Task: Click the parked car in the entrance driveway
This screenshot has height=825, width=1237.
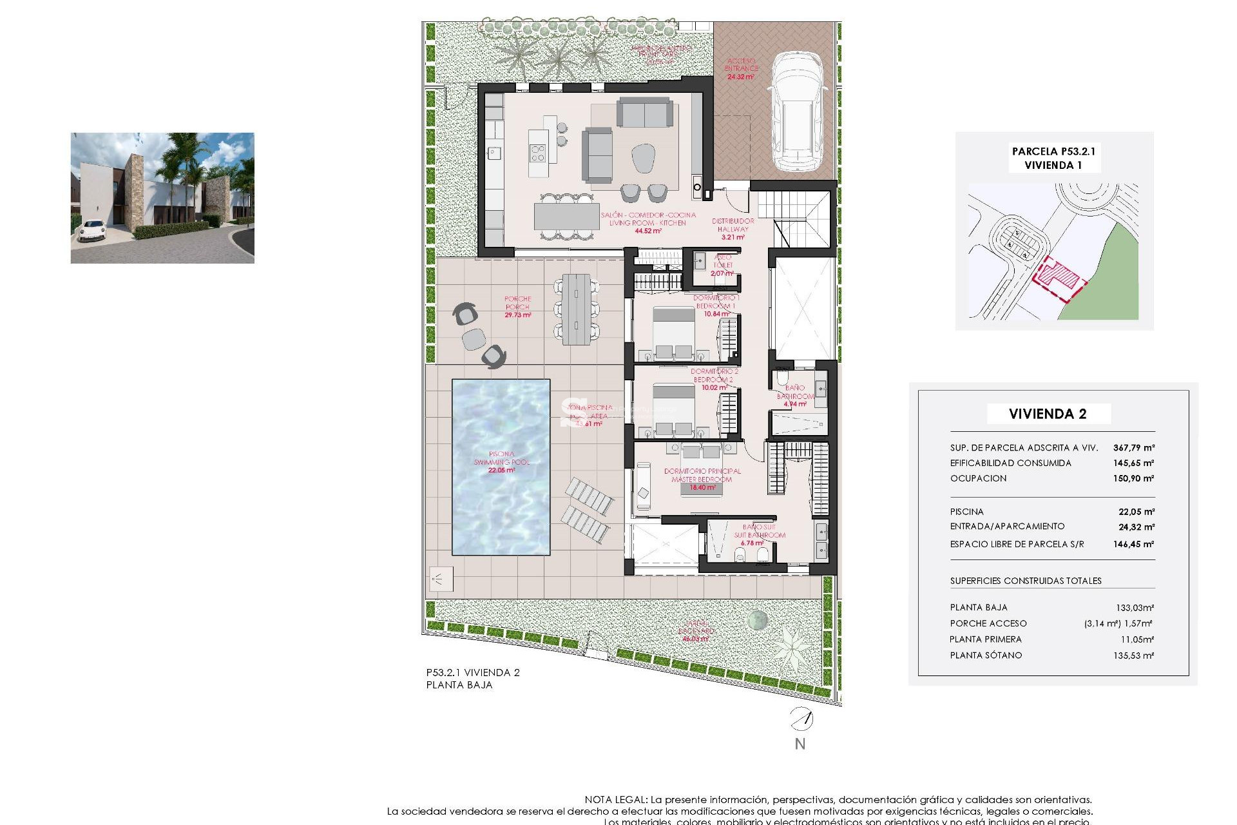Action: pyautogui.click(x=798, y=112)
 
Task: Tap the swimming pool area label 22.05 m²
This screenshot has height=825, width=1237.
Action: pyautogui.click(x=501, y=471)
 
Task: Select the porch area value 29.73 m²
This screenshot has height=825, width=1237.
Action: pyautogui.click(x=518, y=315)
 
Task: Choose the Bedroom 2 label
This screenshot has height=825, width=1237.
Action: pyautogui.click(x=714, y=380)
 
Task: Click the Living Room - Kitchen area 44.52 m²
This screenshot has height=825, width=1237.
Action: pyautogui.click(x=647, y=231)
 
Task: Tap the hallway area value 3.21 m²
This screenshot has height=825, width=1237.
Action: pyautogui.click(x=733, y=237)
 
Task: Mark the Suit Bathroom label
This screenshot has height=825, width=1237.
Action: pyautogui.click(x=760, y=535)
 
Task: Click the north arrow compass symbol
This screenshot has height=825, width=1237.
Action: pyautogui.click(x=801, y=719)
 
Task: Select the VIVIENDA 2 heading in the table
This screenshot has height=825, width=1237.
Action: pyautogui.click(x=1048, y=414)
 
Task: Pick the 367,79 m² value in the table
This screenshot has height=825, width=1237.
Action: pyautogui.click(x=1133, y=447)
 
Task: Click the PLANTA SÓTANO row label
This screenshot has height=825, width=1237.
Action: pyautogui.click(x=986, y=655)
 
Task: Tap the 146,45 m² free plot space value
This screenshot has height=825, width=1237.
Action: pyautogui.click(x=1133, y=544)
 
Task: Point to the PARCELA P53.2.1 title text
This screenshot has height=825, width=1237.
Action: pyautogui.click(x=1053, y=151)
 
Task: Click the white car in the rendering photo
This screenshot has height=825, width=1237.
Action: pyautogui.click(x=91, y=230)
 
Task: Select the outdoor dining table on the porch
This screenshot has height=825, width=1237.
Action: pyautogui.click(x=576, y=309)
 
